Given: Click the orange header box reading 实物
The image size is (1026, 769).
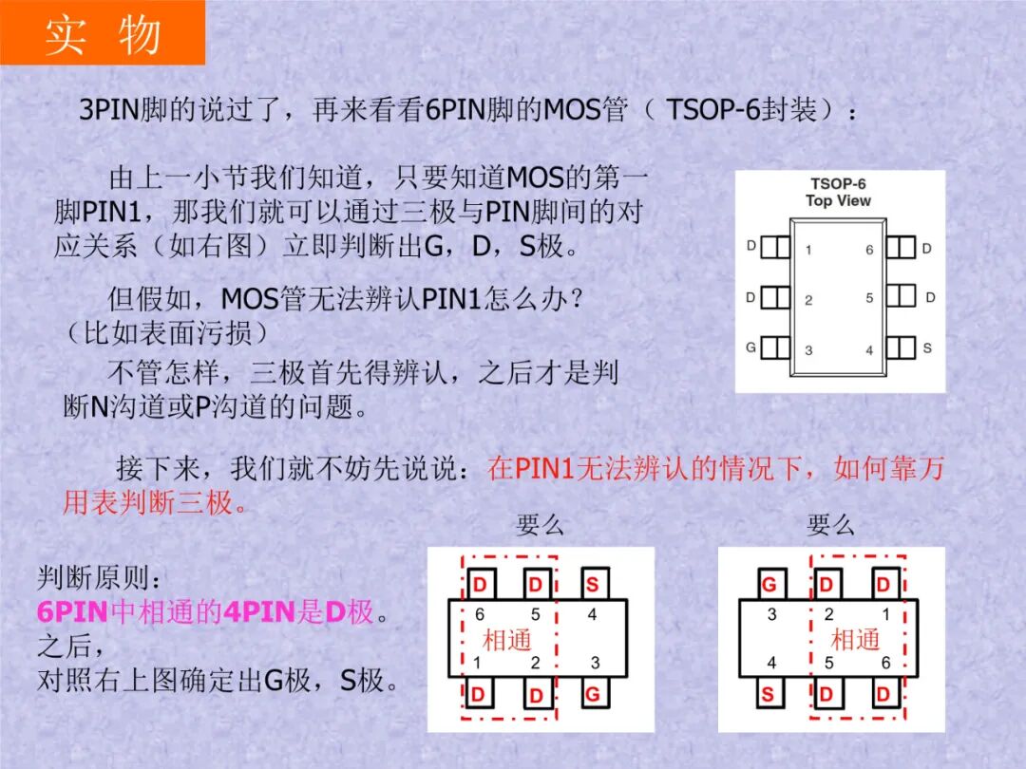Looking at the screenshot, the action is (x=103, y=33).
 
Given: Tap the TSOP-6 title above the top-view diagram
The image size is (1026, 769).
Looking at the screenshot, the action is (x=838, y=183).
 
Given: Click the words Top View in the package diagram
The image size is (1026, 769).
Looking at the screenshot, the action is (x=838, y=200).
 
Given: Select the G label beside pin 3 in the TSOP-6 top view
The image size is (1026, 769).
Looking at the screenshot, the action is (x=750, y=347).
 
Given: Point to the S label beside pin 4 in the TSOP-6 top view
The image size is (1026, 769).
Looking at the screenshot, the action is (x=927, y=347).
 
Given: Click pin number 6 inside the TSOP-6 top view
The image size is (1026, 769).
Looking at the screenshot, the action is (x=869, y=250).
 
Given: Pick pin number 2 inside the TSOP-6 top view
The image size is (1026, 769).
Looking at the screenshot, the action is (x=808, y=300).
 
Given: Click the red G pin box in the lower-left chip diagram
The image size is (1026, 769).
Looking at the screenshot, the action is (x=592, y=694).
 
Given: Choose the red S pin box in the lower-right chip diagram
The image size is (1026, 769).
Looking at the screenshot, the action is (x=768, y=694).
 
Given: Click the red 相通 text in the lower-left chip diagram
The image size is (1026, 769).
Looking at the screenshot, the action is (x=506, y=639).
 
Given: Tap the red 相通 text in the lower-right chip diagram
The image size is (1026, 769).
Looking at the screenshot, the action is (x=855, y=639).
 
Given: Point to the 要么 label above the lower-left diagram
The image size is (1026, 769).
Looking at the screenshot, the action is (x=540, y=525).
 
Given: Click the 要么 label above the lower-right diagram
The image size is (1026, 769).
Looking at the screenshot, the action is (x=830, y=525).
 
